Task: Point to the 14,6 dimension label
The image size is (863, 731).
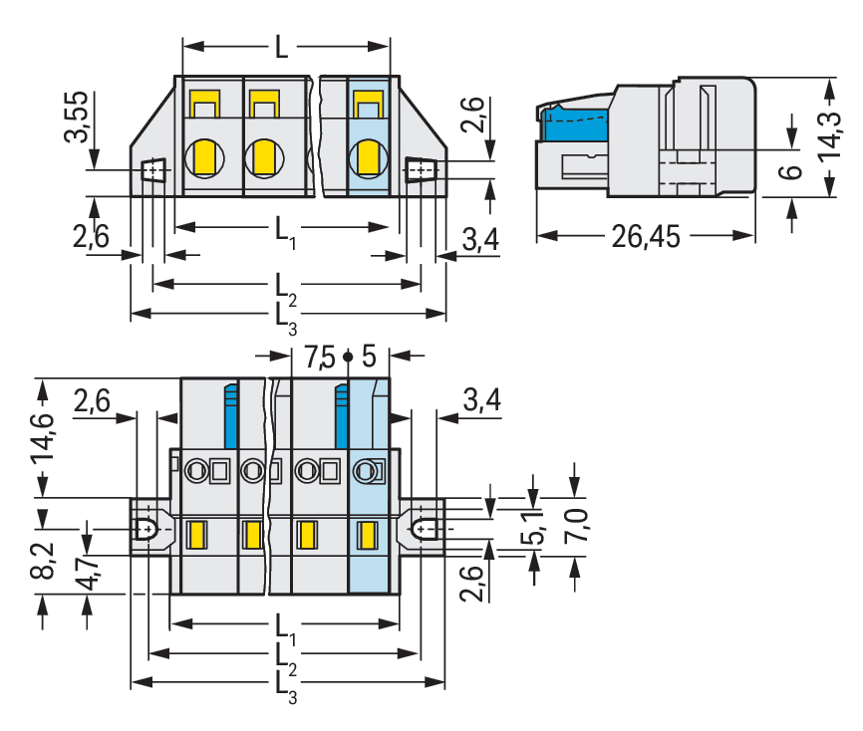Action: pyautogui.click(x=45, y=437)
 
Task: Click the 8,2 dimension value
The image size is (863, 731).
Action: pyautogui.click(x=45, y=561)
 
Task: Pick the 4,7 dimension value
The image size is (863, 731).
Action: pyautogui.click(x=89, y=576)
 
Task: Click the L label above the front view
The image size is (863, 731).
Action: pyautogui.click(x=282, y=47)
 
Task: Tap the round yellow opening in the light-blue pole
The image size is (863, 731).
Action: pyautogui.click(x=368, y=157)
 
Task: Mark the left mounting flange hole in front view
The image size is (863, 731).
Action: pyautogui.click(x=152, y=171)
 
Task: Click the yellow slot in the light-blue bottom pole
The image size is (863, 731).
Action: pyautogui.click(x=367, y=535)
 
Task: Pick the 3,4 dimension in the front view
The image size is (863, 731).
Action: pyautogui.click(x=480, y=240)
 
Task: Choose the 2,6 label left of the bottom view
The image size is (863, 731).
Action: pyautogui.click(x=92, y=402)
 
